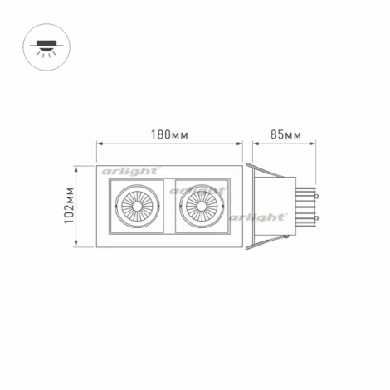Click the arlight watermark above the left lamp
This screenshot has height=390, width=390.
(130, 170)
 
